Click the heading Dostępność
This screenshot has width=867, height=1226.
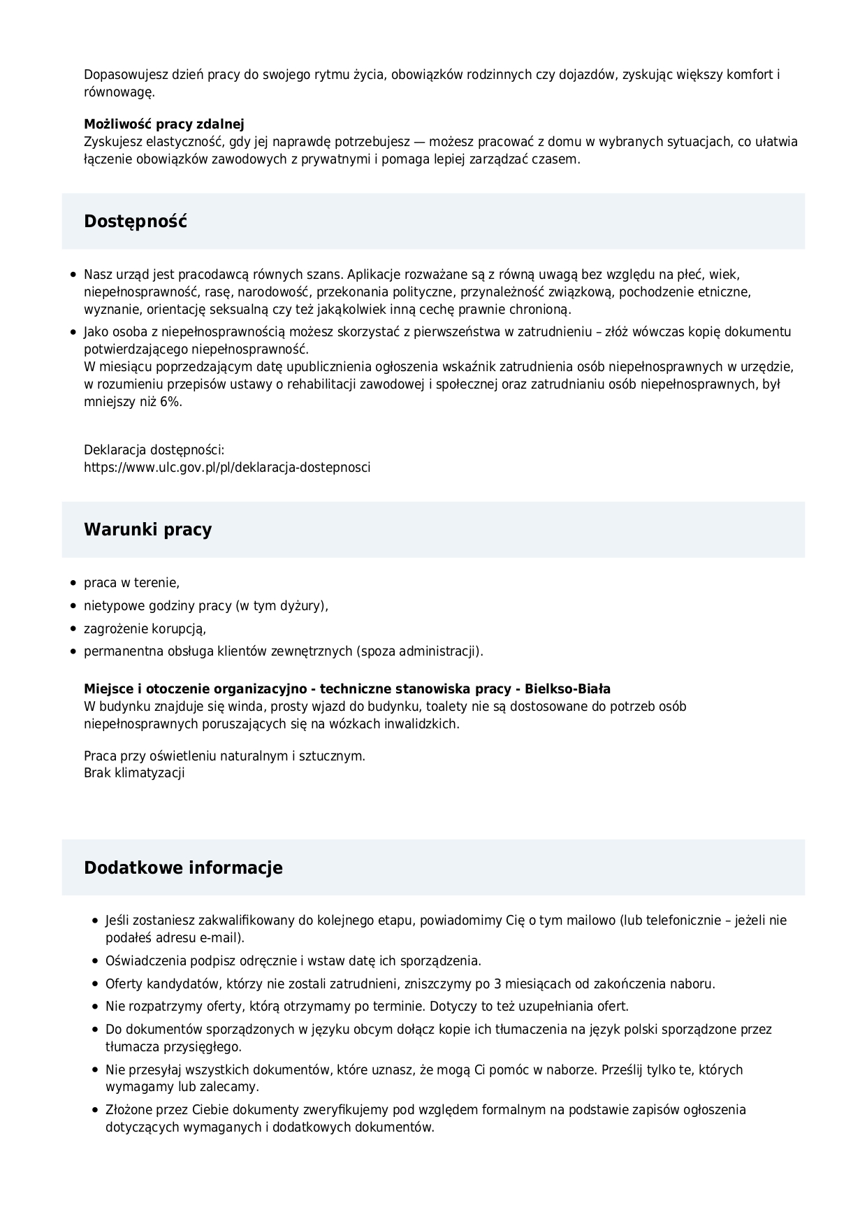(136, 222)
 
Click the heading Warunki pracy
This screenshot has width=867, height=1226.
(147, 529)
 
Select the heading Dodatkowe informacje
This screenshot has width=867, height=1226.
(183, 867)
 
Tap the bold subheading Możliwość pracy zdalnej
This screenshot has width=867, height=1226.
(164, 124)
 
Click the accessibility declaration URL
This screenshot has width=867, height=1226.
(227, 467)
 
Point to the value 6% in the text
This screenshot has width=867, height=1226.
(170, 401)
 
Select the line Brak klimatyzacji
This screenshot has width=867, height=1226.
(134, 772)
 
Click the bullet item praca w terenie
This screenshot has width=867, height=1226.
(131, 582)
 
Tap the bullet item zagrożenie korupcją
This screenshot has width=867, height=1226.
(145, 628)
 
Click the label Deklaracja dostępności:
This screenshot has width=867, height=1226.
(154, 449)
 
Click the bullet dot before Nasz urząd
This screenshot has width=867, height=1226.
(73, 275)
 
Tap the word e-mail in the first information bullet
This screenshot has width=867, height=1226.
(217, 937)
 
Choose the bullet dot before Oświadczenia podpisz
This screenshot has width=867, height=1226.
(95, 961)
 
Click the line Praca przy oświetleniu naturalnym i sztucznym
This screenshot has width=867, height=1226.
(224, 756)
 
